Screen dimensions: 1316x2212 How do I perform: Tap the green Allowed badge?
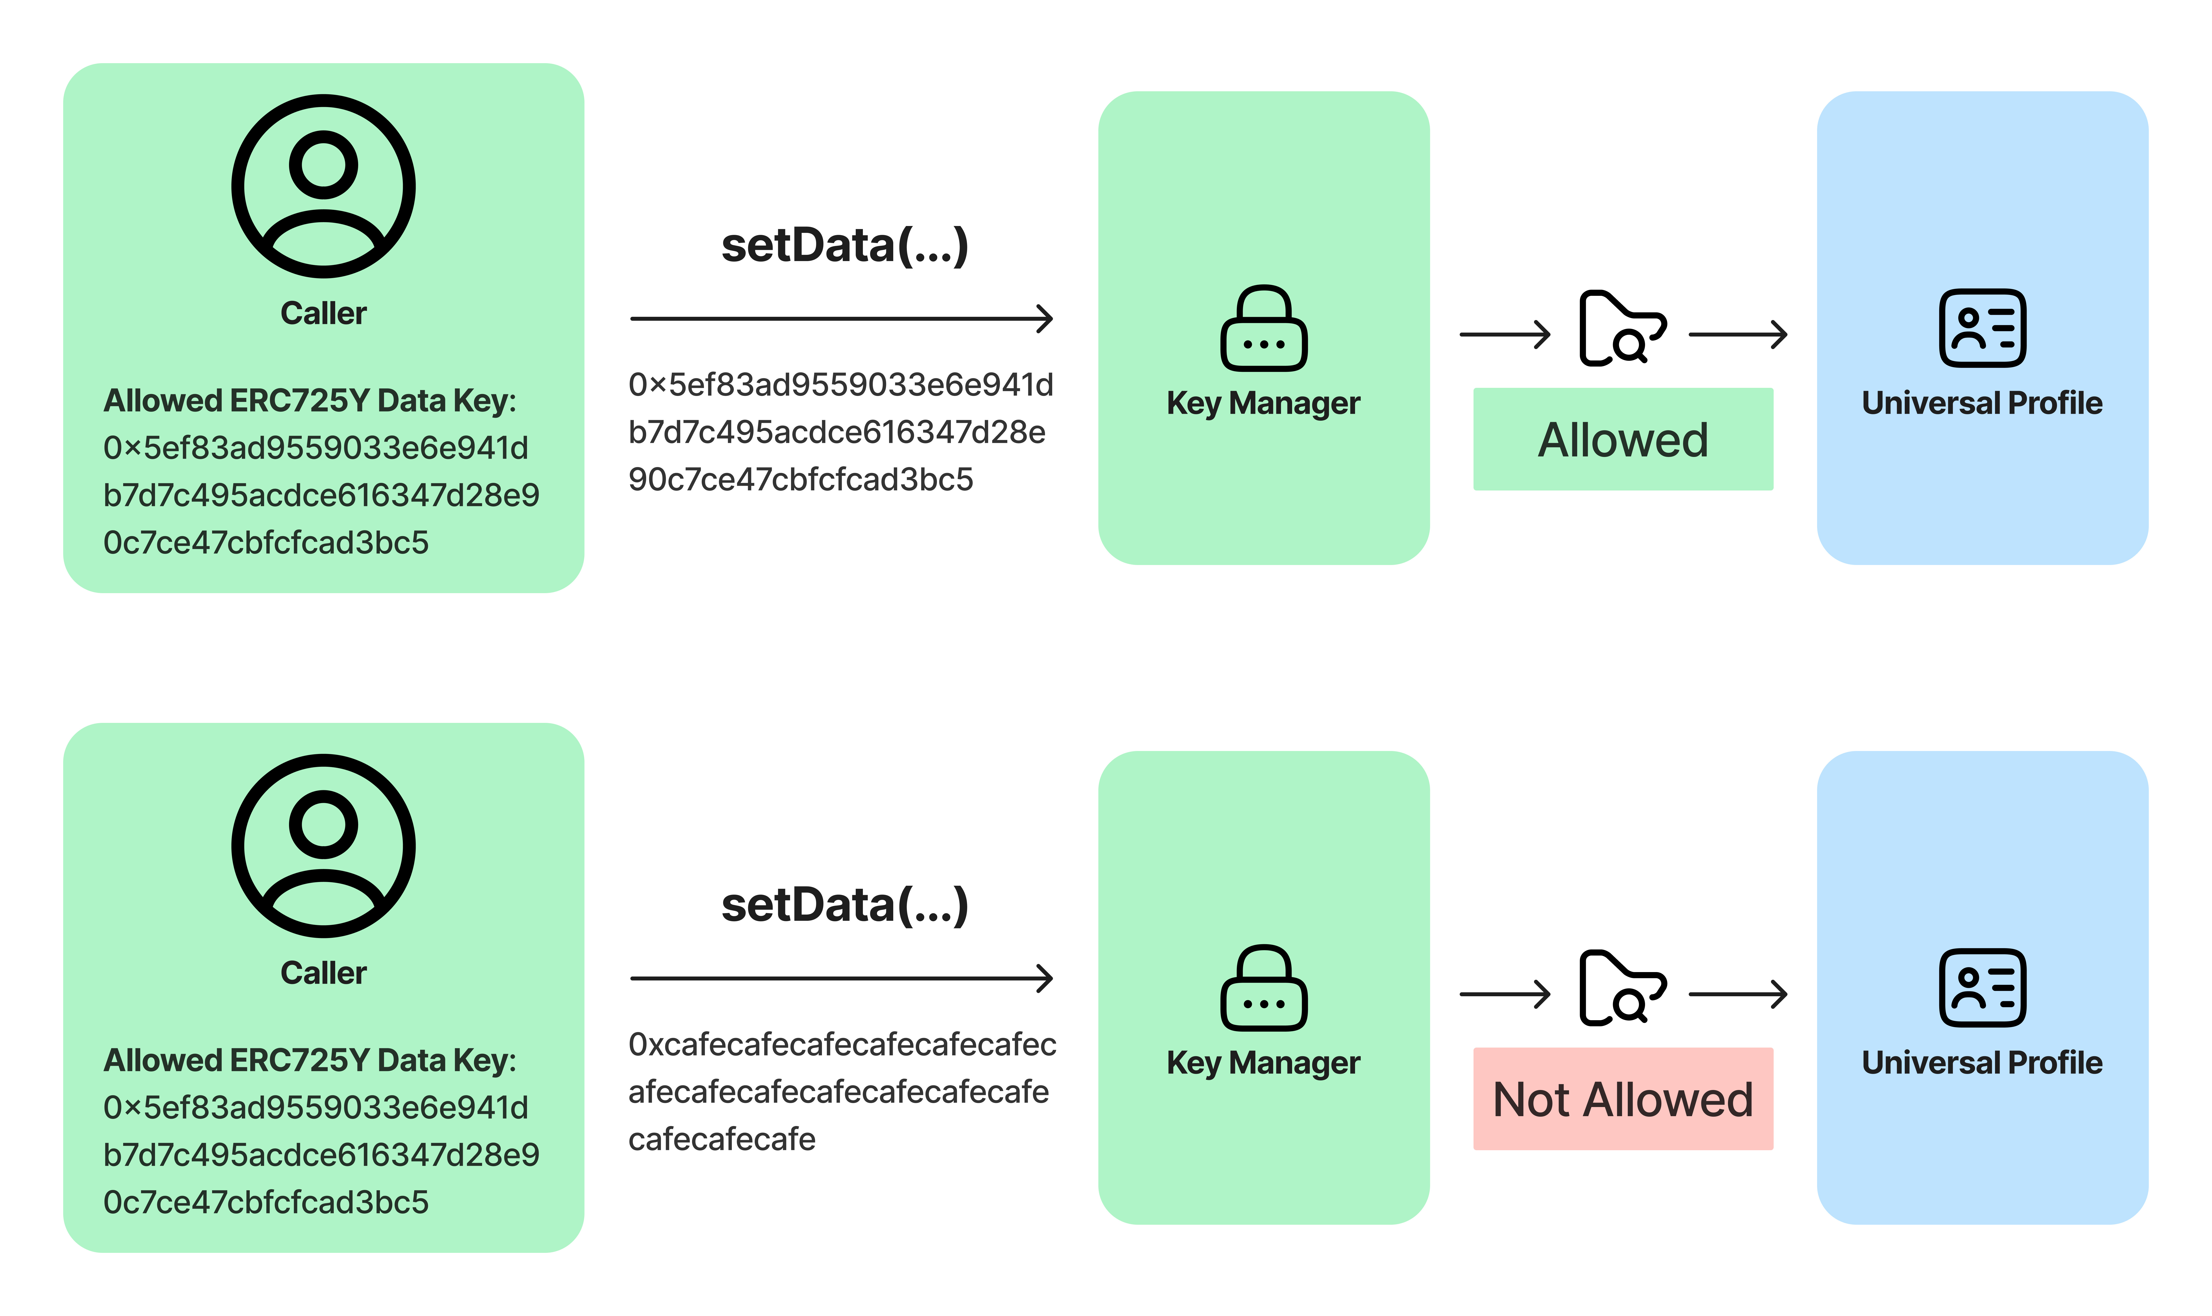click(1622, 439)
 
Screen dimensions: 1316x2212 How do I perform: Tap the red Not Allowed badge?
click(1622, 1099)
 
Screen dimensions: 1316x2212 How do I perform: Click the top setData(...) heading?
click(844, 246)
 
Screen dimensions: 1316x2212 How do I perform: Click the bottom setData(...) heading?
click(844, 905)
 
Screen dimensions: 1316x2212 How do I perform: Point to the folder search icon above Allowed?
click(1621, 328)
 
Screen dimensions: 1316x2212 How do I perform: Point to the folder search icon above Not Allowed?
click(1621, 988)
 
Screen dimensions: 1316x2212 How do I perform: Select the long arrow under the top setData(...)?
click(841, 318)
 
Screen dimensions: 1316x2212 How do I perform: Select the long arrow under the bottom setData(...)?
click(841, 978)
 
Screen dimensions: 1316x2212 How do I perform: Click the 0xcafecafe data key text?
click(841, 1092)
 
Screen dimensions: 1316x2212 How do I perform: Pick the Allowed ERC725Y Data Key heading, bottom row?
click(310, 1061)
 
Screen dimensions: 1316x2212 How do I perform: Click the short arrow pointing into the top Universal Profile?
click(1737, 335)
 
